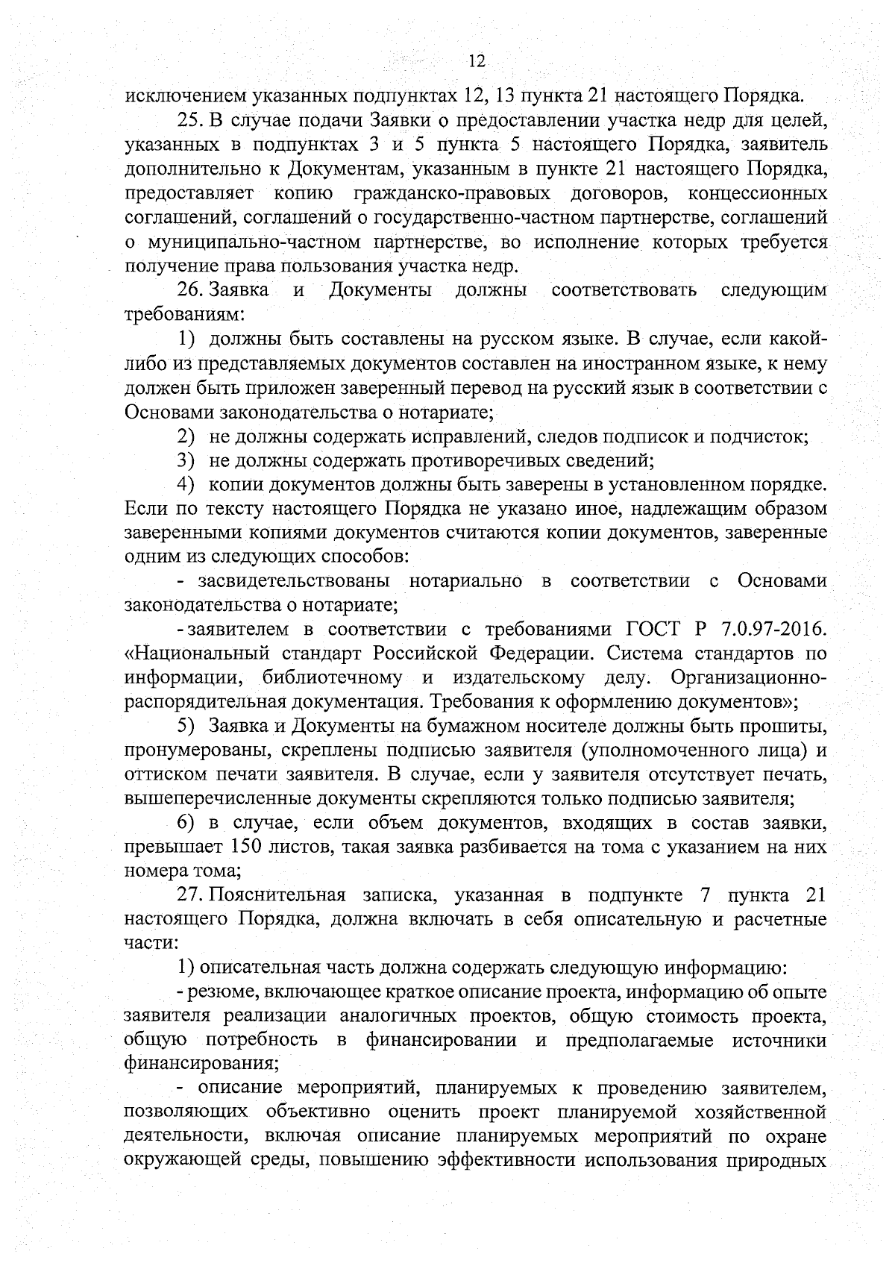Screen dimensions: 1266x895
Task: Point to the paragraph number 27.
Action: pos(189,894)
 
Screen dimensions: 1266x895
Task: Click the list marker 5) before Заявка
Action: pos(186,726)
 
